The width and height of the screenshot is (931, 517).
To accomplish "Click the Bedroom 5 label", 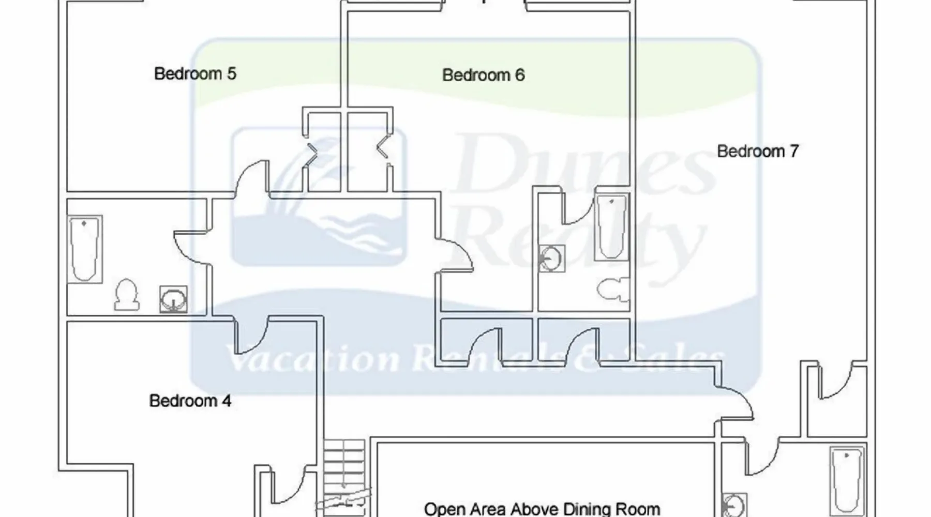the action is [x=195, y=73].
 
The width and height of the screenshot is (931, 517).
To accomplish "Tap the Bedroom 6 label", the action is [x=483, y=75].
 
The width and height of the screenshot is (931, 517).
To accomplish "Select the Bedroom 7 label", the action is [x=758, y=151].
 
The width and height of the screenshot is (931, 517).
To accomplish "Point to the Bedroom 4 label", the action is [x=190, y=401].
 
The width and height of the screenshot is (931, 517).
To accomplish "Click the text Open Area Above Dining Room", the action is [x=542, y=509].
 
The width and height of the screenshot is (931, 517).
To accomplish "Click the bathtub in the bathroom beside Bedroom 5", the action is [x=85, y=249].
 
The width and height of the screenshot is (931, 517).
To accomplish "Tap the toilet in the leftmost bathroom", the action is [x=126, y=295].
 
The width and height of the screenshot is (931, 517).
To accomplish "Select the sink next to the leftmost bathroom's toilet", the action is [x=173, y=299].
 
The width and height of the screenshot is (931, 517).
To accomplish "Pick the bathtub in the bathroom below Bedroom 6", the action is [x=612, y=227].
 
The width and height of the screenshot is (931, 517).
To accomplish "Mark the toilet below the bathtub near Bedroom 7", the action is [x=613, y=290].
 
